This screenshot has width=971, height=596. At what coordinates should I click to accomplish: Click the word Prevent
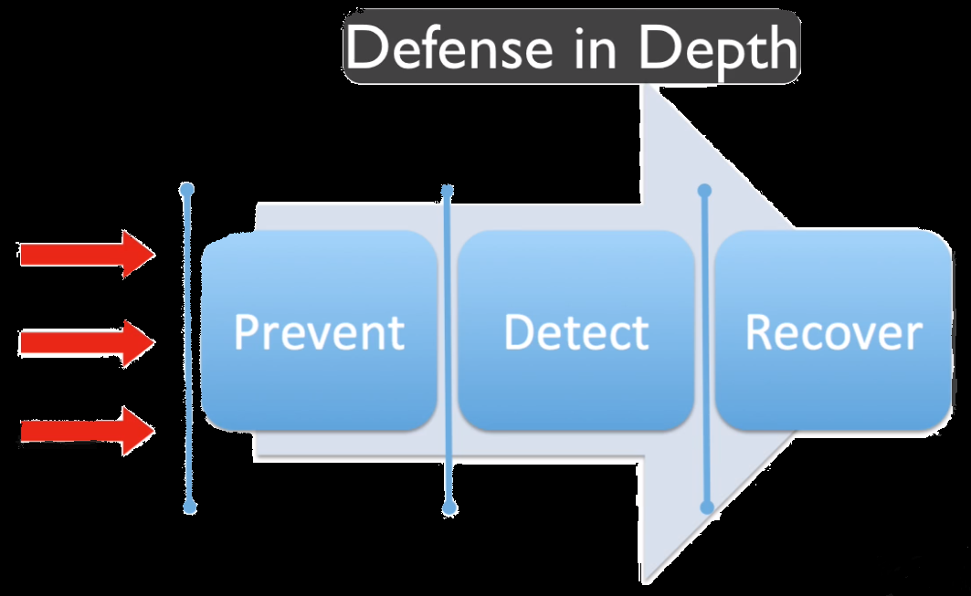319,332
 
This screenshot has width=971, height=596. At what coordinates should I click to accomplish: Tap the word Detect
575,332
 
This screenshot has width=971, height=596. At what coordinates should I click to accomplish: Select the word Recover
833,332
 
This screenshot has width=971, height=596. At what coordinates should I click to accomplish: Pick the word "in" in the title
598,47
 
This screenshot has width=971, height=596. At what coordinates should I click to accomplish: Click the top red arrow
87,255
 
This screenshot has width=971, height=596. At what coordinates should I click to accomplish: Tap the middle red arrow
87,342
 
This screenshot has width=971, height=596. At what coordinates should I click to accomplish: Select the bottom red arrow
87,429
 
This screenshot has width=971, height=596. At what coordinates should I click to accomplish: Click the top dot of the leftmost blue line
187,190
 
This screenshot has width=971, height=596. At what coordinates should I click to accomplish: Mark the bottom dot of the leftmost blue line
190,506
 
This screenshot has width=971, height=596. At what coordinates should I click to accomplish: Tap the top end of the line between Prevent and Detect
448,191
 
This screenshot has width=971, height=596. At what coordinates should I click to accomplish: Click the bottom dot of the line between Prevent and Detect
449,507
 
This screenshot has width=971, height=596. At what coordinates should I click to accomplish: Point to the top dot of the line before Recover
704,191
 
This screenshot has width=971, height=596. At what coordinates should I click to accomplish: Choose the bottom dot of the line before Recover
705,507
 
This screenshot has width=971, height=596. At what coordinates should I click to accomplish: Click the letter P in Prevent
245,332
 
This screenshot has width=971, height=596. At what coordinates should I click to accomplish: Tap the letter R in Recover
758,332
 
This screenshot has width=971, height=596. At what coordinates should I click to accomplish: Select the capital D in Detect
517,332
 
